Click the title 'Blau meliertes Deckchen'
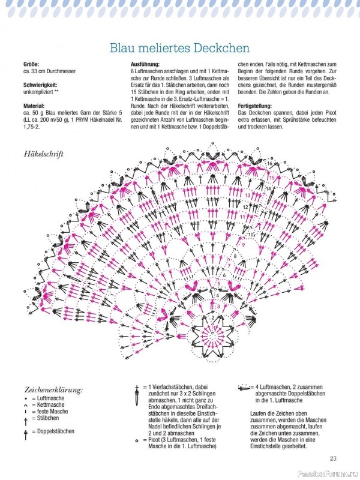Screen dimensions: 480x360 coord(180,47)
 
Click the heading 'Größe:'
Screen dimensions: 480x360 coord(31,64)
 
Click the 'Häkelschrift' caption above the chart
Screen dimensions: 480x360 coord(44,154)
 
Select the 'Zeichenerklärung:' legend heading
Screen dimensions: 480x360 coord(53,390)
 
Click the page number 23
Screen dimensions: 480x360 coord(333,459)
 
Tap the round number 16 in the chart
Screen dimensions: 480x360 coord(269,163)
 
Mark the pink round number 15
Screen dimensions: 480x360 coord(271,178)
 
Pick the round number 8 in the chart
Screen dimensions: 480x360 coord(235,257)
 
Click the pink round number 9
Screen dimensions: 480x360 coord(243,245)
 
